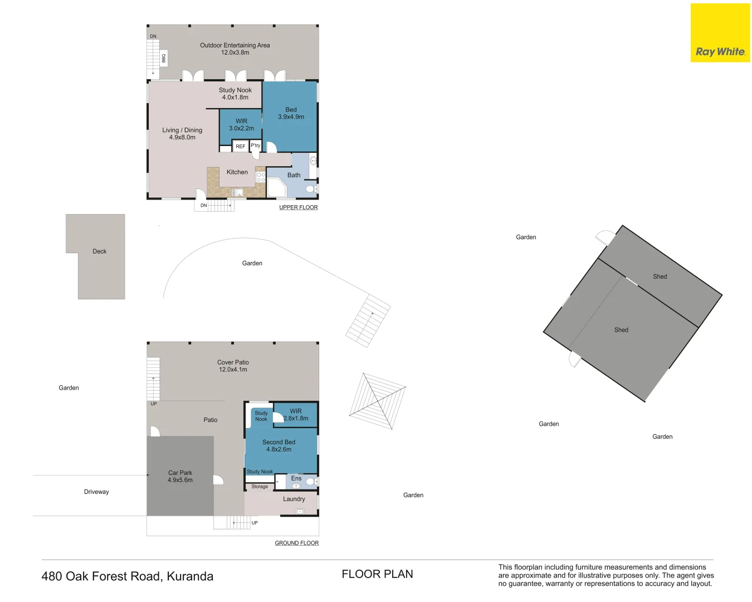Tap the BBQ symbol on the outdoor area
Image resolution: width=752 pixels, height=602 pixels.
(x=164, y=58)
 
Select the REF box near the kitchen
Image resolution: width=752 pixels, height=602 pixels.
(x=240, y=146)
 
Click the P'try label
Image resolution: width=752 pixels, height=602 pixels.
(x=255, y=145)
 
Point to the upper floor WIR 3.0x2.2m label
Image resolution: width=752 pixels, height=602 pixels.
(x=241, y=124)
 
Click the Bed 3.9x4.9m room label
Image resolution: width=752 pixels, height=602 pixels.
(x=291, y=113)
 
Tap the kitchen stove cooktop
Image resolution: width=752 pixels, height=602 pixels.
(x=260, y=177)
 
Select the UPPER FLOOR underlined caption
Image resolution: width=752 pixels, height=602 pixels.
(x=298, y=207)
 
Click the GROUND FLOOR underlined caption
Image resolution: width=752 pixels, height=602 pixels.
(x=296, y=543)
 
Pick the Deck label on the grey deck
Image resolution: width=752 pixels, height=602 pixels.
(x=99, y=251)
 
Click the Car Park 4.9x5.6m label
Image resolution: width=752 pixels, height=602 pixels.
(x=180, y=476)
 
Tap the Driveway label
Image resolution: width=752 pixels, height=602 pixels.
(x=96, y=492)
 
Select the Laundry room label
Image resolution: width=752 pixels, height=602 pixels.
(x=294, y=499)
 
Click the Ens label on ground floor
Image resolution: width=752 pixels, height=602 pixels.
(x=296, y=478)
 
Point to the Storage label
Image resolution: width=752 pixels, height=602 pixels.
(x=260, y=487)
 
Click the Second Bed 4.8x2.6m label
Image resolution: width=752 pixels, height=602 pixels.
(x=279, y=445)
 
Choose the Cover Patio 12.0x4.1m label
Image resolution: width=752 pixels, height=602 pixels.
(x=233, y=366)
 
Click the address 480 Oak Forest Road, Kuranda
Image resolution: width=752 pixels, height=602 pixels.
(x=127, y=576)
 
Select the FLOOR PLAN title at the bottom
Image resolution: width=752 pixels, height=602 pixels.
(x=377, y=574)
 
